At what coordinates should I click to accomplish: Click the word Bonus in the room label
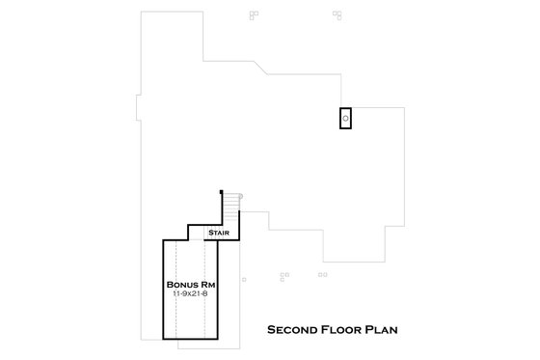pyautogui.click(x=183, y=286)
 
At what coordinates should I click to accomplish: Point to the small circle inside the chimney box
pyautogui.click(x=345, y=118)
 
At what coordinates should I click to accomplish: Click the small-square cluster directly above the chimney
pyautogui.click(x=339, y=15)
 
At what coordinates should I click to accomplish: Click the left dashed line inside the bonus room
pyautogui.click(x=175, y=290)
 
